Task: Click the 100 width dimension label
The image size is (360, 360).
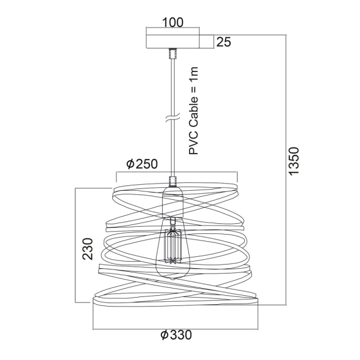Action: pos(173,23)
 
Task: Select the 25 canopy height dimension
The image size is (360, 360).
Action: pos(224,42)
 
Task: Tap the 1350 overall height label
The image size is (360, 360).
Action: pos(294,161)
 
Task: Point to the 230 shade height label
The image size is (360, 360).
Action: pos(88,249)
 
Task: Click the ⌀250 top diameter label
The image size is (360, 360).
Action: pos(142,164)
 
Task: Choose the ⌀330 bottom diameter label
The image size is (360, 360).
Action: pos(176,335)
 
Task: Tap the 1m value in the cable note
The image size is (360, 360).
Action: pos(193,72)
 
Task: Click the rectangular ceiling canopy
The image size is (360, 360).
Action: pos(173,41)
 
